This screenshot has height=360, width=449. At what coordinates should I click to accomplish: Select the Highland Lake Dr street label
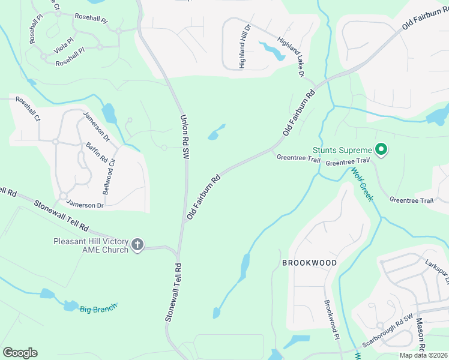pos(291,57)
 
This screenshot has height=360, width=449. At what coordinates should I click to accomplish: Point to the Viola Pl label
pos(63,45)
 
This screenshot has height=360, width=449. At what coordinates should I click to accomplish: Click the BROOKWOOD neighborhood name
pos(309,263)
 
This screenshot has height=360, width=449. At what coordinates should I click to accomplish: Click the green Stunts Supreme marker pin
pos(381,149)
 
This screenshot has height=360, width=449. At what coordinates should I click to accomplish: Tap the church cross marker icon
pos(137,244)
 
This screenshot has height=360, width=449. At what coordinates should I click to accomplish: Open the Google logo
pos(20,353)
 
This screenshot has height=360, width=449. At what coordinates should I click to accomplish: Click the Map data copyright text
pos(423,355)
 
